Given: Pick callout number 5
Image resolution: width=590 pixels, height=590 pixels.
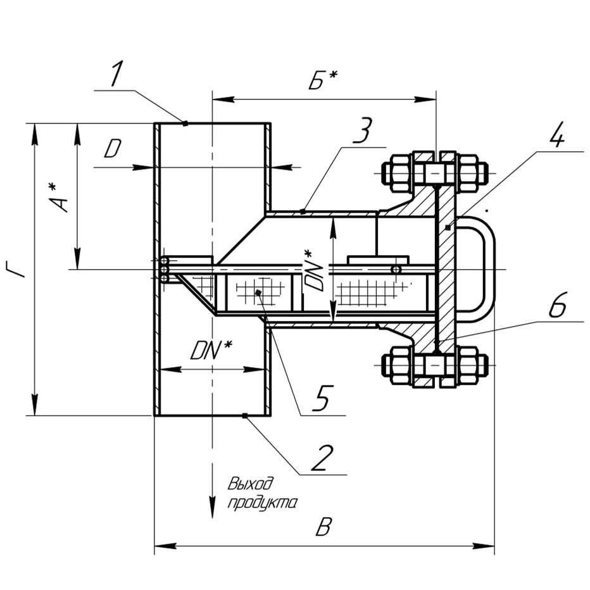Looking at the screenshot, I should (322, 399).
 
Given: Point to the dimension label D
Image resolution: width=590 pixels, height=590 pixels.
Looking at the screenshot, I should (113, 149).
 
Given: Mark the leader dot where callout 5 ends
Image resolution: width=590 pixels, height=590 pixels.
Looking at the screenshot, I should (258, 292).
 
